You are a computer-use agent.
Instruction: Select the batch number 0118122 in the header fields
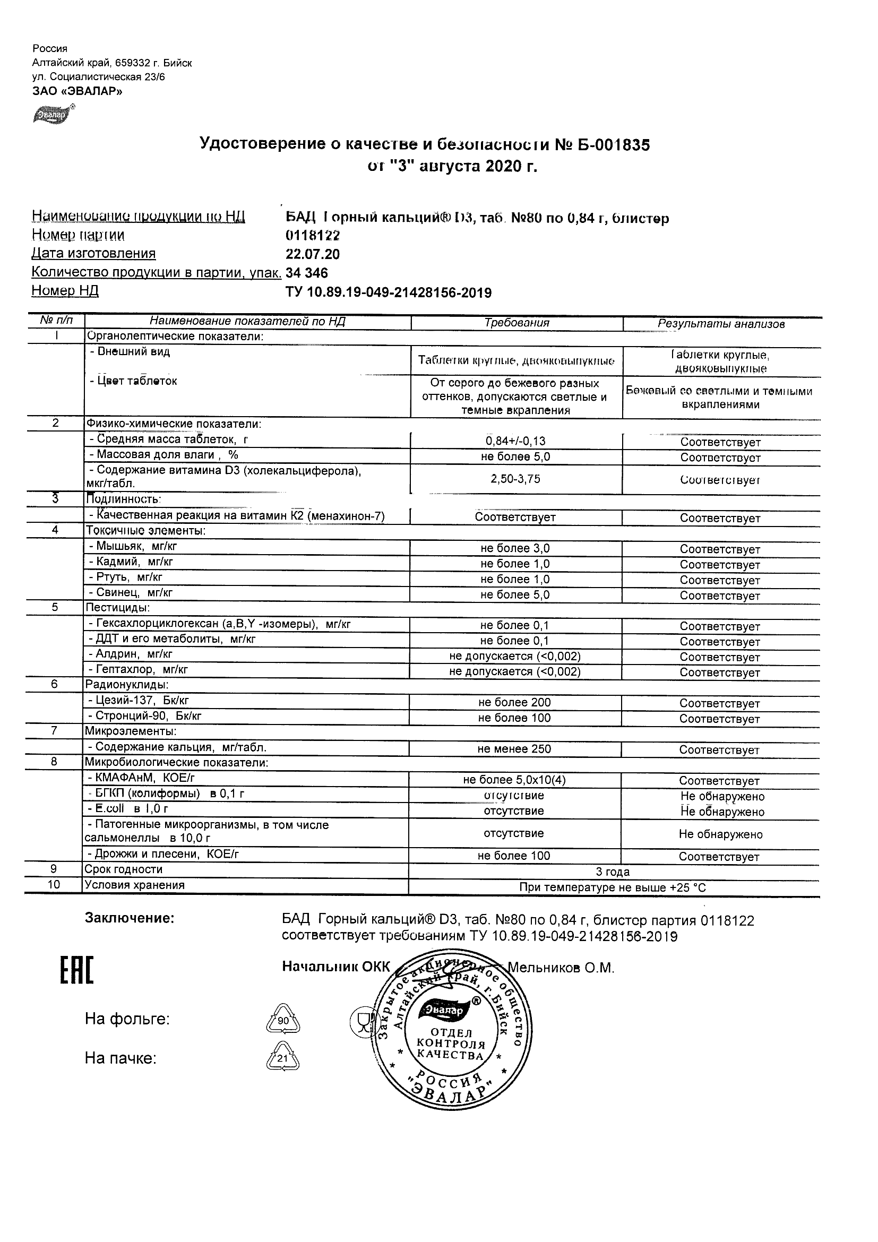tap(313, 235)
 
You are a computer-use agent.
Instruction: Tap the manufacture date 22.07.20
tap(313, 254)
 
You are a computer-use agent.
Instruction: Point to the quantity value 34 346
tap(307, 273)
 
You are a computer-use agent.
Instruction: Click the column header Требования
tap(517, 323)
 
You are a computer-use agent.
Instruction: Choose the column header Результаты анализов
tap(721, 324)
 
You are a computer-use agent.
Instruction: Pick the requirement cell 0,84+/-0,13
tap(515, 441)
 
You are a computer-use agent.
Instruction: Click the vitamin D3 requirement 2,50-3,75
tap(515, 479)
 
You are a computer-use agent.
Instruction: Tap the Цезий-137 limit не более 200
tap(514, 703)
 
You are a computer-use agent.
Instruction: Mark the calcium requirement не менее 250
tap(514, 749)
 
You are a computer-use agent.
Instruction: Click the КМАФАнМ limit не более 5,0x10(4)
tap(514, 780)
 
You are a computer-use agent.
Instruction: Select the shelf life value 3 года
tap(613, 872)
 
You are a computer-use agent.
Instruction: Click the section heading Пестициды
tap(117, 608)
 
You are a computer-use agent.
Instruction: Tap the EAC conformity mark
tap(76, 970)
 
